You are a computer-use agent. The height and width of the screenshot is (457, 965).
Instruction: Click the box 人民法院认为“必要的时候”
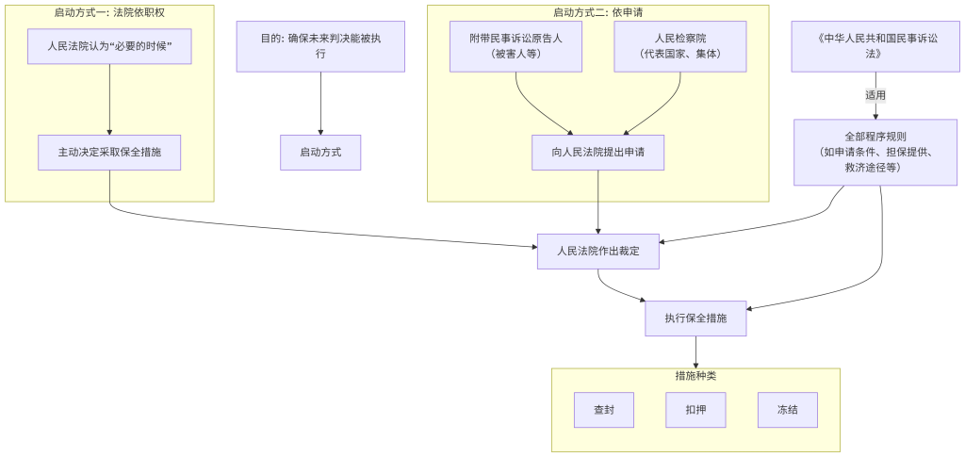(109, 45)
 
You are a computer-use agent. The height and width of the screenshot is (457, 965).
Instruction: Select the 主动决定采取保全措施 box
(109, 152)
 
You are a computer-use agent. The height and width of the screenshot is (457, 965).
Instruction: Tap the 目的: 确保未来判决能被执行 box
(320, 45)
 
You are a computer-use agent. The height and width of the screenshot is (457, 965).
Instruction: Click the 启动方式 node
(320, 152)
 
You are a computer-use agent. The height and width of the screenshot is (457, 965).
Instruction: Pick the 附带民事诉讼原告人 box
(515, 45)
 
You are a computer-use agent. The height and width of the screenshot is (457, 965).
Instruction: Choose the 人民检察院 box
(680, 45)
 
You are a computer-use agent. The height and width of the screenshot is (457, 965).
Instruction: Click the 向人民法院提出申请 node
(598, 152)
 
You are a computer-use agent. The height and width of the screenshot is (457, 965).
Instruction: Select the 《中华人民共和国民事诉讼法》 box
(875, 45)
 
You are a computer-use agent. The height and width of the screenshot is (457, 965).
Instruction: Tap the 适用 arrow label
(875, 95)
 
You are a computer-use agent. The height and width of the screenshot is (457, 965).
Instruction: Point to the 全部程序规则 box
(875, 152)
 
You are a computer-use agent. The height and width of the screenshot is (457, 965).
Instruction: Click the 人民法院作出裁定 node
(598, 251)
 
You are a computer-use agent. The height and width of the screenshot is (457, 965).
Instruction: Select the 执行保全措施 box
(695, 318)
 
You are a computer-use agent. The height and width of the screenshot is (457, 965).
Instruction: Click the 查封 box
(604, 410)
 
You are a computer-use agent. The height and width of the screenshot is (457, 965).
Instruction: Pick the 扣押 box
(695, 410)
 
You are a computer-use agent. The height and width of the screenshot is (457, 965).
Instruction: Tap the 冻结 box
(787, 410)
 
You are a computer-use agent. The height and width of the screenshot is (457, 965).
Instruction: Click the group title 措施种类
(695, 375)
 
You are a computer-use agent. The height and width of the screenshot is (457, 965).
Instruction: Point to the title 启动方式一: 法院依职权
(109, 12)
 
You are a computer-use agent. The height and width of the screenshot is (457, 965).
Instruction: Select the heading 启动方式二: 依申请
(598, 12)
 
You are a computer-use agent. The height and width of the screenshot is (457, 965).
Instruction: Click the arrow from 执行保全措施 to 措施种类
(695, 351)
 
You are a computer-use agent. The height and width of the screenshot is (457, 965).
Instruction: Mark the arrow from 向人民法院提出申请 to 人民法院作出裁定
(598, 202)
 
